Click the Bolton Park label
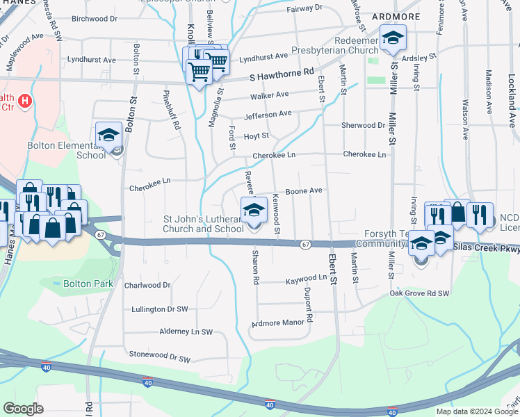click(x=88, y=284)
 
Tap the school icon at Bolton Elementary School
click(x=109, y=134)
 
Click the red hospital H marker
click(x=25, y=101)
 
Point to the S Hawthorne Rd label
click(x=282, y=72)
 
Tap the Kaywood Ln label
click(x=306, y=278)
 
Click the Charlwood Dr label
click(x=147, y=285)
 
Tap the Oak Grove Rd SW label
click(x=419, y=293)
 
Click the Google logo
click(x=23, y=409)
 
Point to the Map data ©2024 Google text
click(x=476, y=411)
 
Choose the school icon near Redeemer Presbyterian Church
click(x=392, y=38)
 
